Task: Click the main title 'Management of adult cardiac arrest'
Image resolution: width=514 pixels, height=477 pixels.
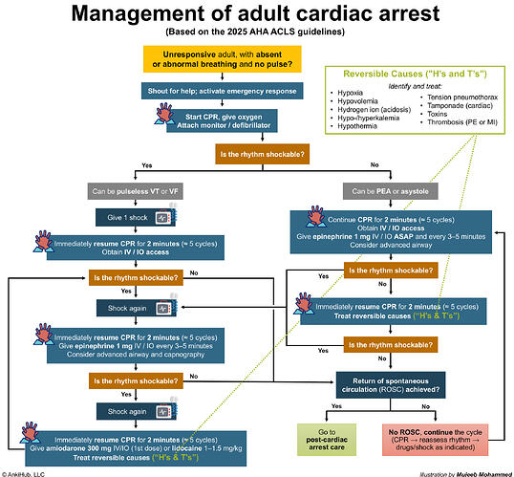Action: coord(256,15)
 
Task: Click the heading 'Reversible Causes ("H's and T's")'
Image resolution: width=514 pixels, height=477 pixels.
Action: coord(416,76)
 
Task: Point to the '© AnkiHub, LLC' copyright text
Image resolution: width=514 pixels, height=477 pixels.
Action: coord(28,471)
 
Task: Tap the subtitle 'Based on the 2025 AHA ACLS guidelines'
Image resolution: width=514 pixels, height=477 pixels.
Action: coord(256,33)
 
